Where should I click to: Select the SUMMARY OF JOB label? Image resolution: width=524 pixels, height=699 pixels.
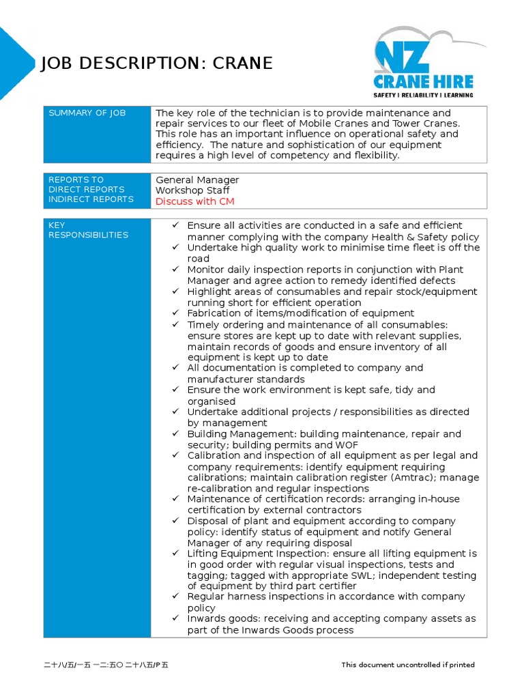pos(87,113)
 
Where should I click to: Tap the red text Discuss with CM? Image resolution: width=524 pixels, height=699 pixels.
pos(195,201)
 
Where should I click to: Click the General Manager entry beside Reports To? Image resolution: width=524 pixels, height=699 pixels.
pos(197,180)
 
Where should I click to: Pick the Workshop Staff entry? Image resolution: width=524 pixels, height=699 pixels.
pos(192,190)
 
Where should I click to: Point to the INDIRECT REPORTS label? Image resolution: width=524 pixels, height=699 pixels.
pos(91,199)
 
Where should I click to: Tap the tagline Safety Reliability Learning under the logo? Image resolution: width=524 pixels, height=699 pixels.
pos(423,95)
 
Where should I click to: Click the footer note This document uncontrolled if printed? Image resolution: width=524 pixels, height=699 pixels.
pos(408,665)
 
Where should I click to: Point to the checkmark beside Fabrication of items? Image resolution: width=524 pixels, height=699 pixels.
pos(175,313)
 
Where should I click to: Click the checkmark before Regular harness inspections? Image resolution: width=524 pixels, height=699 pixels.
pos(175,597)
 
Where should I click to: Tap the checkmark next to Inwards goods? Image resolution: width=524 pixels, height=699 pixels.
pos(175,618)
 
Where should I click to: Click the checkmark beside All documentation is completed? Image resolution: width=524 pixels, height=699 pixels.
pos(175,368)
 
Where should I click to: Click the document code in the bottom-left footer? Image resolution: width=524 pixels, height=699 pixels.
pos(105,665)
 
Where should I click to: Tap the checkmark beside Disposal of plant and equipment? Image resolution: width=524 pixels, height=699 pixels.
pos(175,521)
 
